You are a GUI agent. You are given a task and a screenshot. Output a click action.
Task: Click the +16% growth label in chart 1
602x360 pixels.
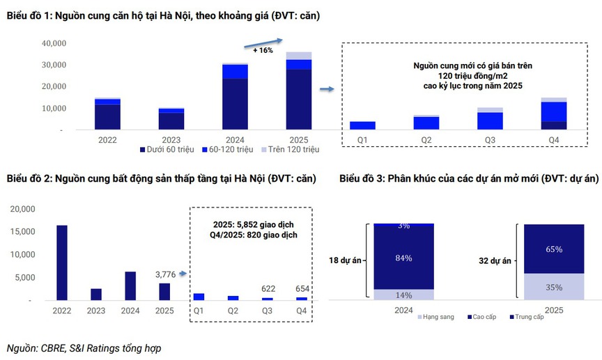(x=263, y=51)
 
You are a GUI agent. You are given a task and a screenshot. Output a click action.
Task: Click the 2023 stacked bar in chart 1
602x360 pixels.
(x=171, y=119)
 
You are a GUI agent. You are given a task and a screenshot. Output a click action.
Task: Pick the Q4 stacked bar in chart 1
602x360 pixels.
(x=553, y=114)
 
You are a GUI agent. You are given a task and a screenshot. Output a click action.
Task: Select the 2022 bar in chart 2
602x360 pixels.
(x=62, y=263)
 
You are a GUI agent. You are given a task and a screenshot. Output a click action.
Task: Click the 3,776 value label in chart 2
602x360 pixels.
(x=167, y=274)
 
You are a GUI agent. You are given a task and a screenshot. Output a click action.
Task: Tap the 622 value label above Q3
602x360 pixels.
(x=268, y=289)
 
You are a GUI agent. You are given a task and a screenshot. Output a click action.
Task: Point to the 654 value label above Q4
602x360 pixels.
(x=301, y=289)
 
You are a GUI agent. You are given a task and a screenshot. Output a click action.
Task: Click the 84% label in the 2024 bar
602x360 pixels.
(x=403, y=258)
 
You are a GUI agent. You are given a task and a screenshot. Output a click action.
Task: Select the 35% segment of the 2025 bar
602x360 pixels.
(x=554, y=286)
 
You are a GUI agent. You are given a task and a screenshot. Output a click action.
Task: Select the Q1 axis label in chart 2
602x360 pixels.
(x=199, y=311)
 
